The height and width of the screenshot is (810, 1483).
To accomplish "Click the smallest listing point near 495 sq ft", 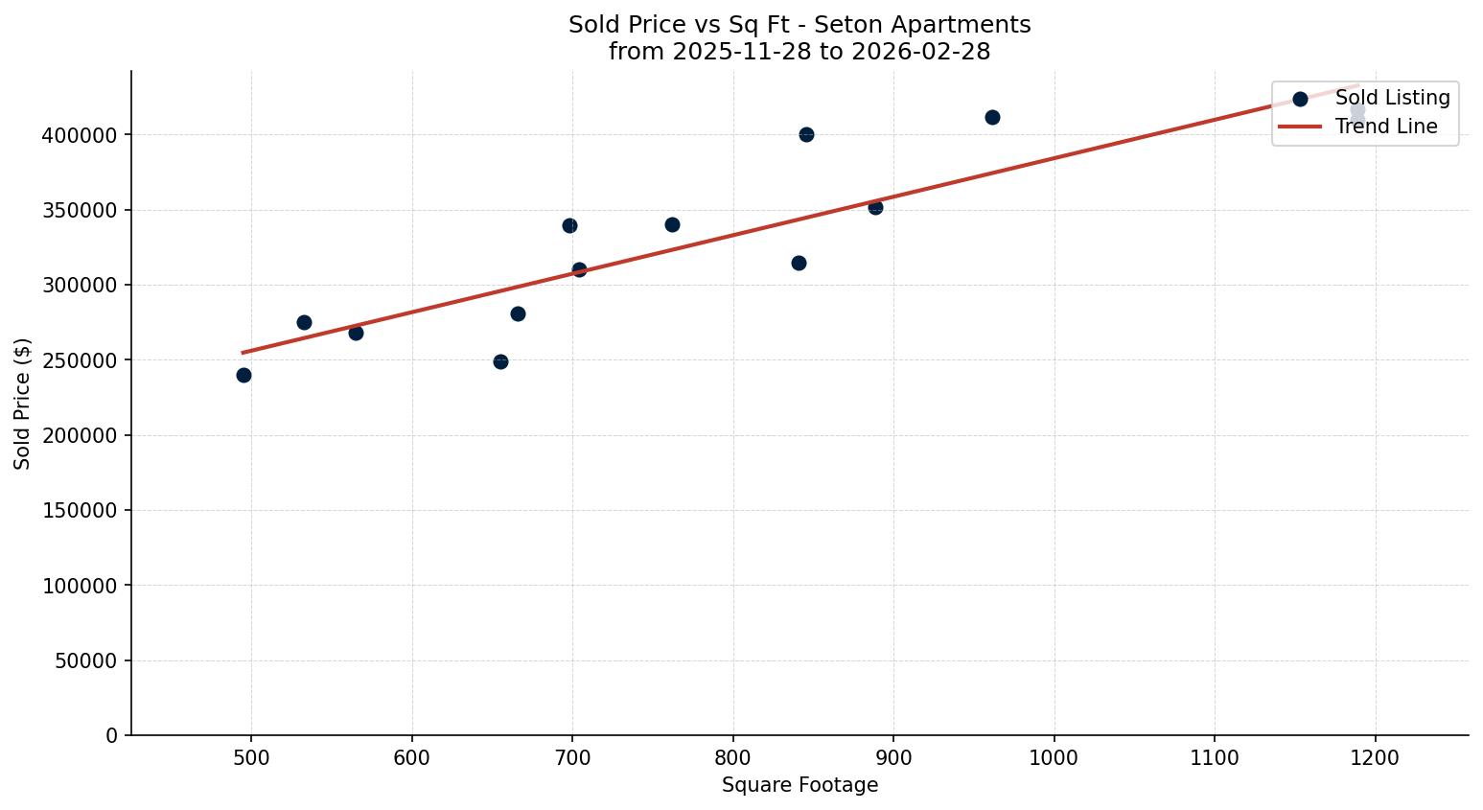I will coord(243,375).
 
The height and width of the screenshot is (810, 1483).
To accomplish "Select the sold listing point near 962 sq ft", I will coord(992,117).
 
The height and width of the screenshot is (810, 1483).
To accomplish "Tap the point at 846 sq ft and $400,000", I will coord(806,134).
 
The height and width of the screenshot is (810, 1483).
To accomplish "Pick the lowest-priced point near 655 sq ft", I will coord(500,361).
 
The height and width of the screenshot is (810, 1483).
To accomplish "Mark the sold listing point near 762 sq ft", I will coord(672,224).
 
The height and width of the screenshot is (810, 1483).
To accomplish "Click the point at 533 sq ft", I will coord(304,322).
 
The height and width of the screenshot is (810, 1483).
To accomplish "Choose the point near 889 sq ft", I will coord(875,207).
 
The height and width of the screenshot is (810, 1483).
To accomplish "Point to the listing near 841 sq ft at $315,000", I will coord(799,263).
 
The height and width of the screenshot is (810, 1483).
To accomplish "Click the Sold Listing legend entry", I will coord(1392,98).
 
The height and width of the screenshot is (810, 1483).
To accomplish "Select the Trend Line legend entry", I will coord(1386,127).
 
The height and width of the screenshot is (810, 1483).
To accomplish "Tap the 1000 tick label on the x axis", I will coord(1054,757).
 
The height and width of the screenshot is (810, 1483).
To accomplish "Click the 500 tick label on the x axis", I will coord(251,757).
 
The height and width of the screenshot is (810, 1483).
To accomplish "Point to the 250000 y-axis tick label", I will coord(80,360).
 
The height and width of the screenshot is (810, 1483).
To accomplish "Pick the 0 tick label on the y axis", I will coord(112,735).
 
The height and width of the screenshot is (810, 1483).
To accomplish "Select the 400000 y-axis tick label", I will coord(80,135).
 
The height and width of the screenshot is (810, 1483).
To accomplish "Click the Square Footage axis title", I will coord(799,785).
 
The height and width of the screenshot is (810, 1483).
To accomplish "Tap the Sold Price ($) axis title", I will coord(22,404).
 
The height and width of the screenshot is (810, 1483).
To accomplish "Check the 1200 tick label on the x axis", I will coord(1376,757).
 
